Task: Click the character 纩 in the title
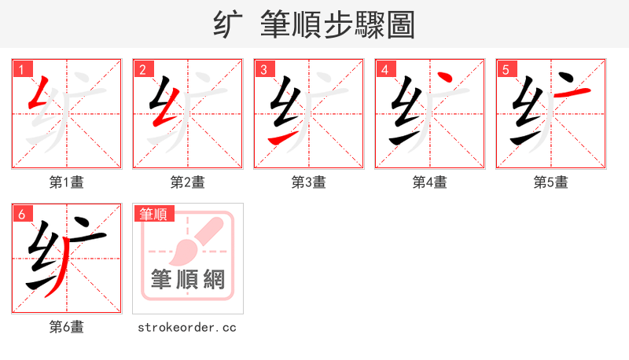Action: coord(227,25)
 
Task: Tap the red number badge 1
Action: coord(21,69)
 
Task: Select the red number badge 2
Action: coord(142,69)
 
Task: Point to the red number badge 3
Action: coord(263,69)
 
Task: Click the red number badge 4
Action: coord(384,69)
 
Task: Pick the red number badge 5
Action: coord(506,69)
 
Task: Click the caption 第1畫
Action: coord(67,182)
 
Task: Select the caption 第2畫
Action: coord(188,182)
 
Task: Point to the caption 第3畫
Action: coord(309,182)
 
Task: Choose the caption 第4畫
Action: coord(430,182)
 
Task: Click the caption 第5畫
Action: coord(551,182)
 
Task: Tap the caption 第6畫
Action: coord(67,327)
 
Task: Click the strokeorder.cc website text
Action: coord(188,327)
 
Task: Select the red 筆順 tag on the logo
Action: coord(155,213)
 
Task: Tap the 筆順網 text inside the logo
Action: coord(188,279)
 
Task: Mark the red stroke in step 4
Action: coord(445,79)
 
